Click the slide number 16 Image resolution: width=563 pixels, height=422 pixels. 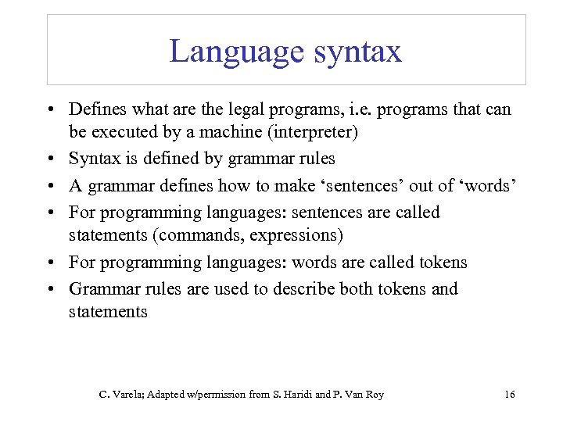[x=509, y=395]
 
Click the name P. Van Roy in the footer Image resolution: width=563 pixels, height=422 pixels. [x=359, y=395]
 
